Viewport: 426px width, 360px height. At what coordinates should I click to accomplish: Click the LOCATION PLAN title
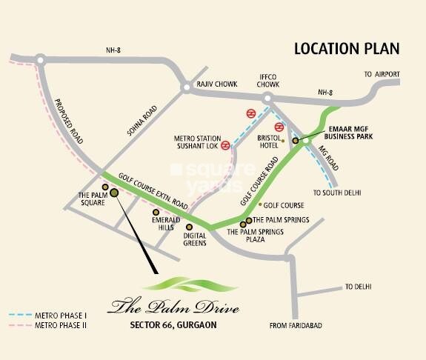tap(347, 50)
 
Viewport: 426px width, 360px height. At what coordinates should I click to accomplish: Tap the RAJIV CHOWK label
tap(216, 85)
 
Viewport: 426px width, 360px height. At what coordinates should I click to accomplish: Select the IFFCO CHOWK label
tap(267, 81)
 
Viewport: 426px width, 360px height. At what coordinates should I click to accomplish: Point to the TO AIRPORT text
tap(382, 75)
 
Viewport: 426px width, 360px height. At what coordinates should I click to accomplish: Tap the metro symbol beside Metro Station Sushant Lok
tap(252, 113)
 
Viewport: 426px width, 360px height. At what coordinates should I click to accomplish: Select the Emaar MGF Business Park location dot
tap(295, 139)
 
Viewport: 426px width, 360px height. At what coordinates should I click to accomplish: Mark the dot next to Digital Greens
tap(189, 227)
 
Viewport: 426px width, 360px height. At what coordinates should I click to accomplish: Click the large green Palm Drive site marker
tap(114, 193)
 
